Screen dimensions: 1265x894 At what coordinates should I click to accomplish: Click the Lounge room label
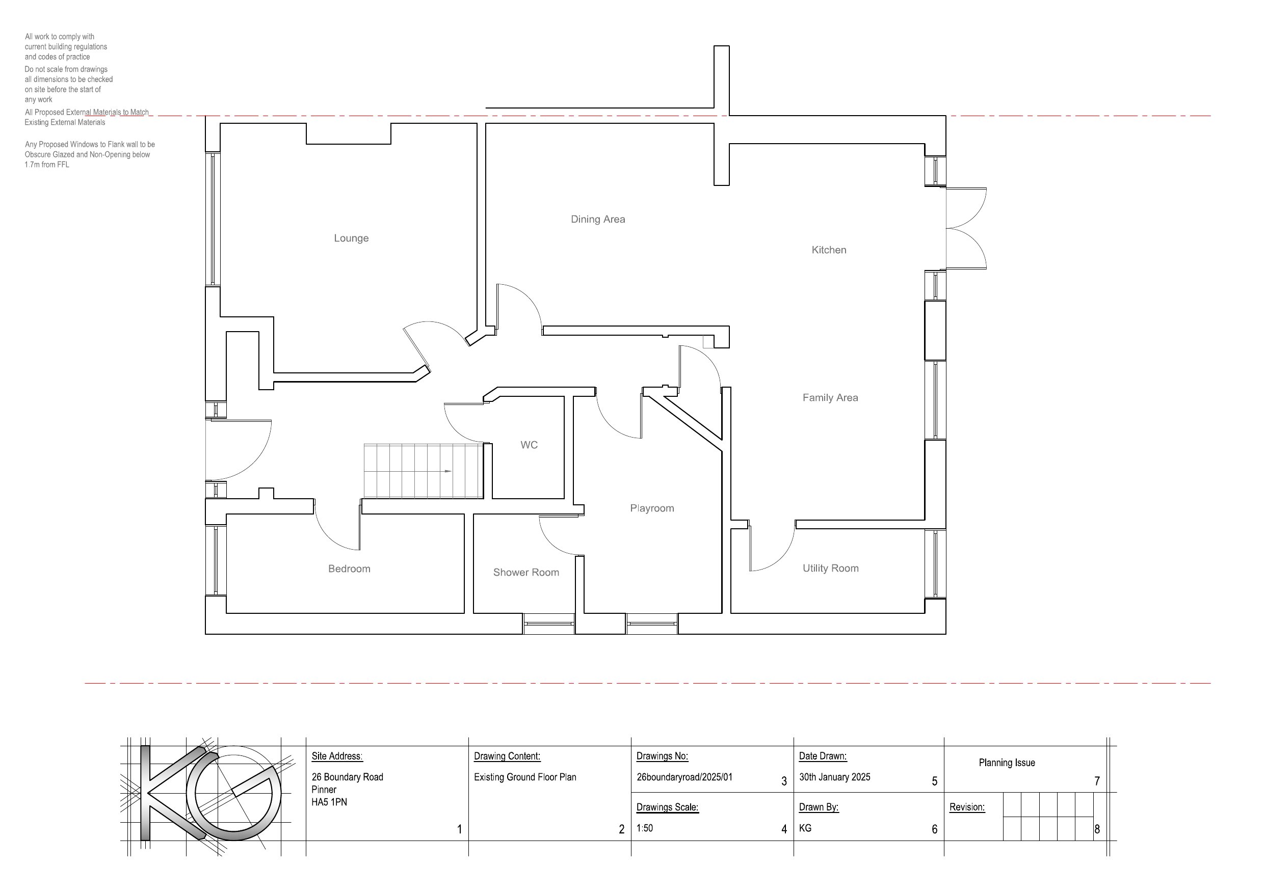click(351, 238)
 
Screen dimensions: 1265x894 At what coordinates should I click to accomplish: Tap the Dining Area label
click(598, 219)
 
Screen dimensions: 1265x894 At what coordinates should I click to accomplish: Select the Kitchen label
click(829, 250)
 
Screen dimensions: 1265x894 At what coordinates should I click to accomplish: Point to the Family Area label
click(830, 398)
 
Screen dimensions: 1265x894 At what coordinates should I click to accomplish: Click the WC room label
click(529, 445)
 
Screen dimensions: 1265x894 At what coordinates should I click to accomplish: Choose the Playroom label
click(652, 508)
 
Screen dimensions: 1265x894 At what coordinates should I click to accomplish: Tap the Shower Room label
click(526, 573)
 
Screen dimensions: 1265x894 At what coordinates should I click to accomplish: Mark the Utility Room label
click(830, 568)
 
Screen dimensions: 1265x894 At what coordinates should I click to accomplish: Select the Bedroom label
click(349, 568)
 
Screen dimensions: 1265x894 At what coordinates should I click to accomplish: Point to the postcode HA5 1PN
click(329, 802)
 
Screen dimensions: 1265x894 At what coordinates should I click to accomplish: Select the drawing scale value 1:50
click(645, 828)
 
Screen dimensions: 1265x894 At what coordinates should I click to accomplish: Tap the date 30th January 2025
click(835, 777)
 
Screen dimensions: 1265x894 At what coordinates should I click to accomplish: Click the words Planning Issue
click(1007, 763)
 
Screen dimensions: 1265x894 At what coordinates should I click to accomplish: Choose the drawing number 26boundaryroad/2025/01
click(684, 777)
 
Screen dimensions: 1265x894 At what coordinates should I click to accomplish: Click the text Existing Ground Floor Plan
click(525, 777)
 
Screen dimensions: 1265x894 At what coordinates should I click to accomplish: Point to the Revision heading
click(967, 807)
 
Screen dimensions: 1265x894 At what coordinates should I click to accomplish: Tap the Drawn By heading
click(819, 807)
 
